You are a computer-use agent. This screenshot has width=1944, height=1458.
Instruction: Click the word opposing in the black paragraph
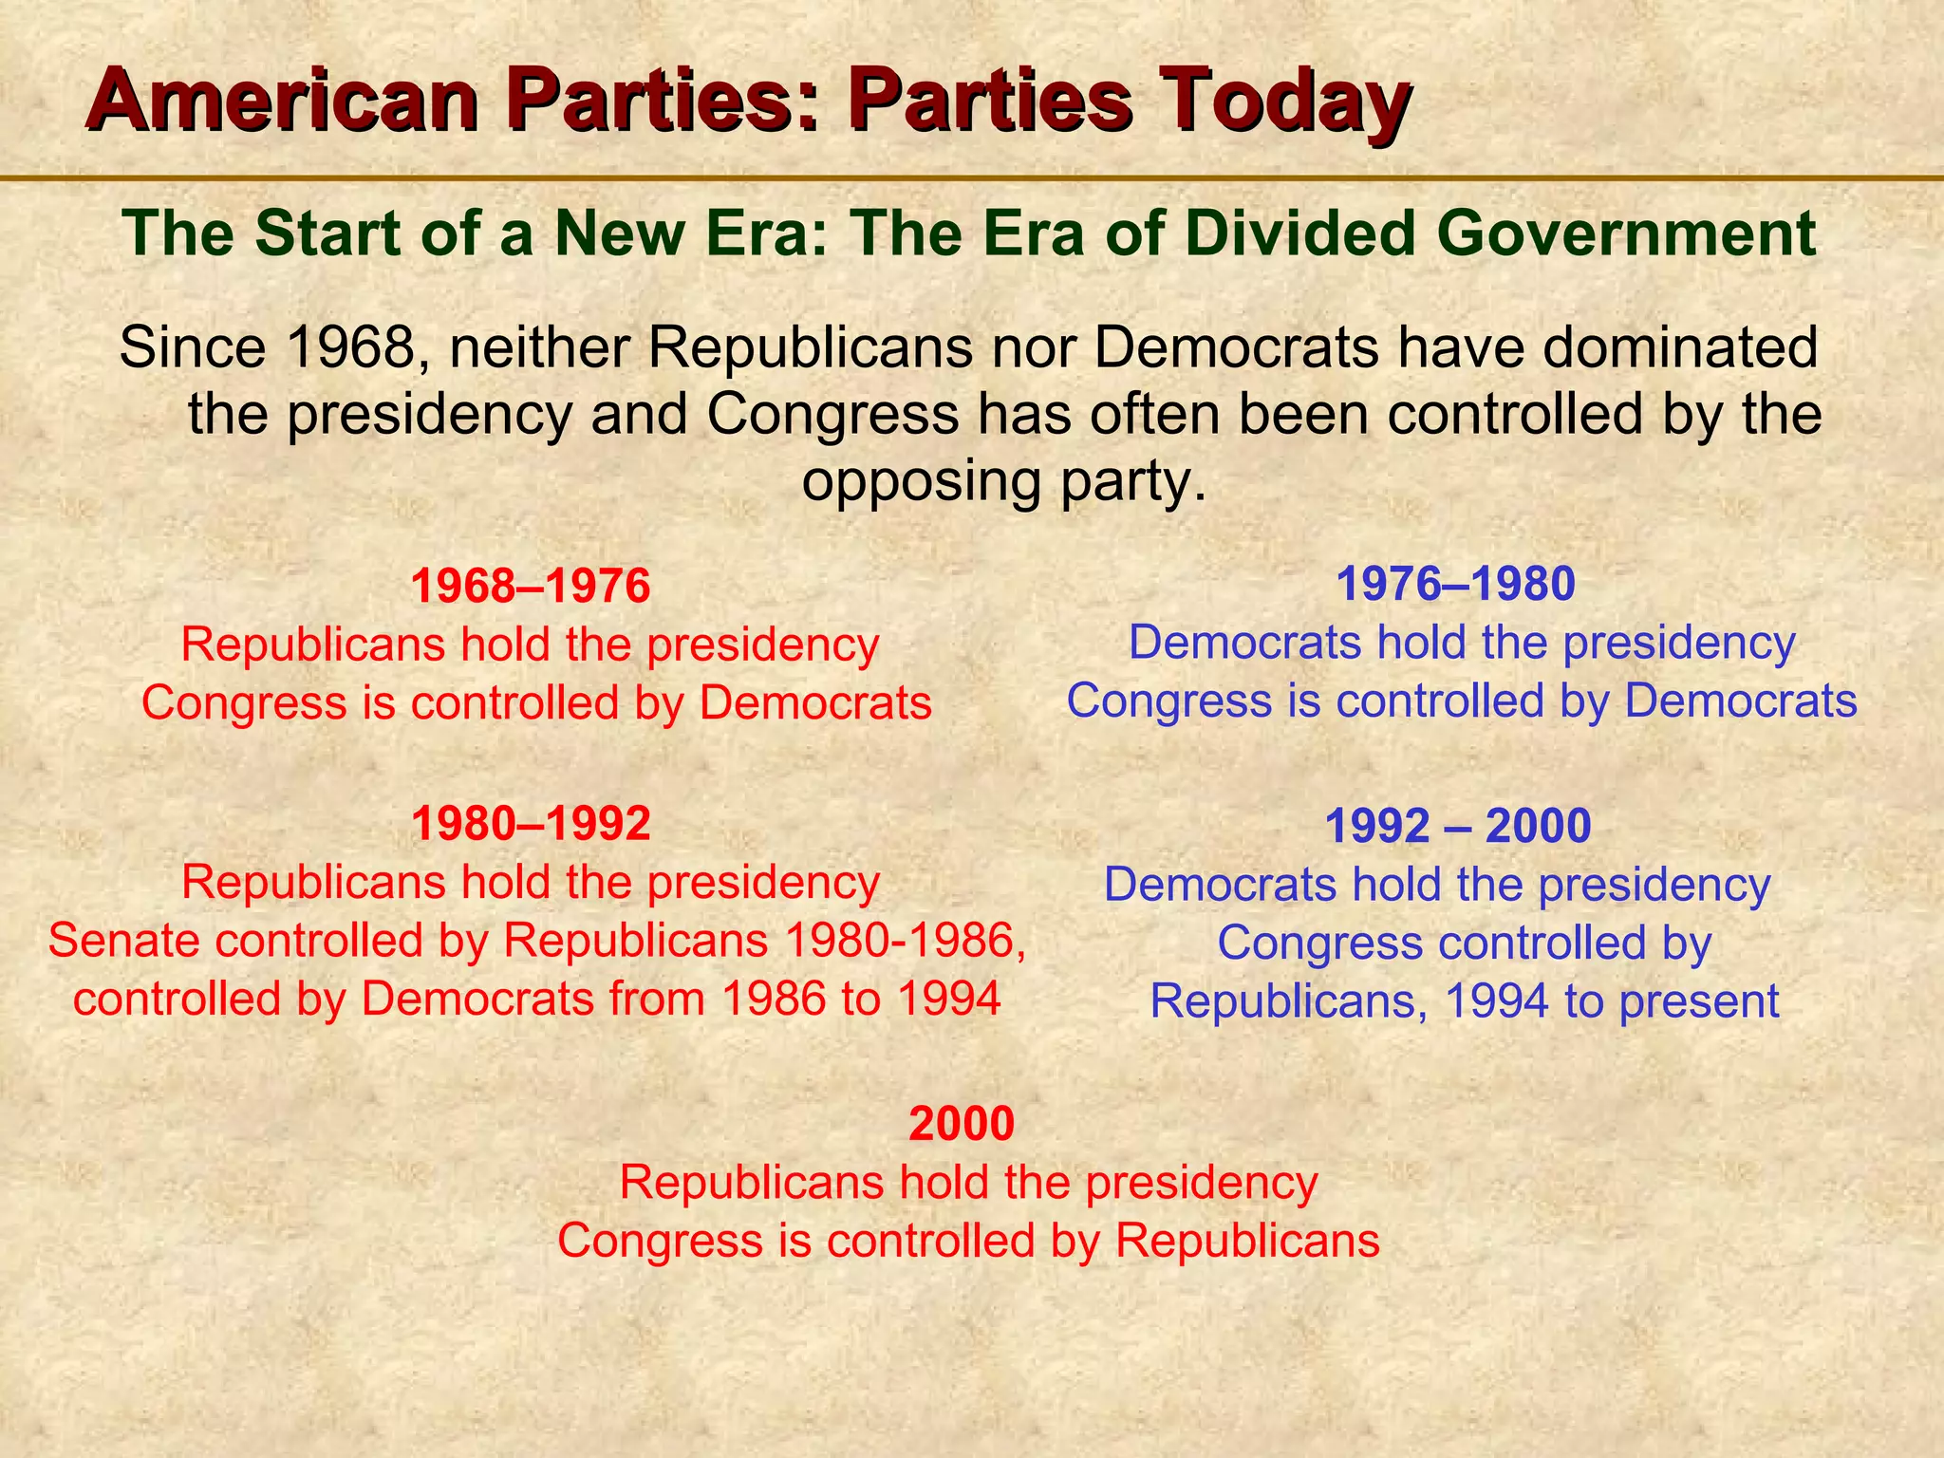pos(916,481)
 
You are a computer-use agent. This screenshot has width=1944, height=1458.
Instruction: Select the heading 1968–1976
pos(530,587)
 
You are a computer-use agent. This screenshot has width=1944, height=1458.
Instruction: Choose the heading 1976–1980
pos(1455,585)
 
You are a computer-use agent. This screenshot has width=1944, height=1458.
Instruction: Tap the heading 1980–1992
pos(530,824)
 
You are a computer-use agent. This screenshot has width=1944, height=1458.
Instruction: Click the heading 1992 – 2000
pos(1457,827)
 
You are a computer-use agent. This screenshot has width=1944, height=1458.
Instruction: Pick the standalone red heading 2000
pos(962,1124)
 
